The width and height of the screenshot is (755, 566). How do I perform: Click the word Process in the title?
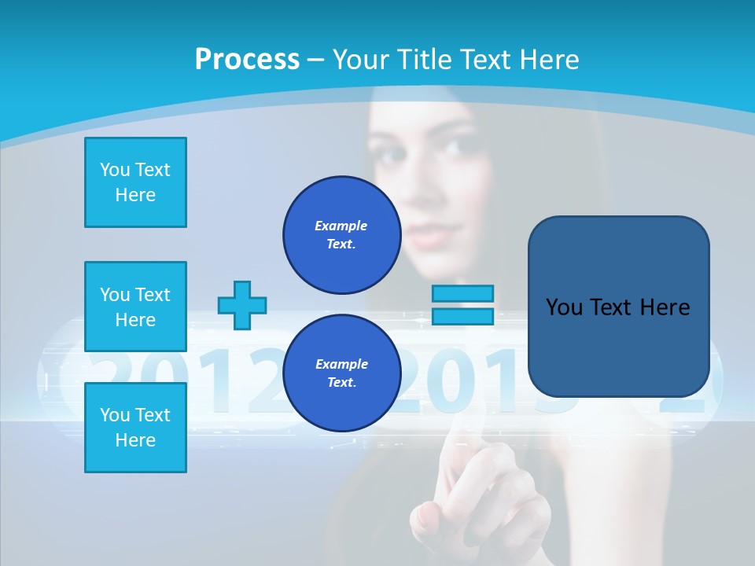(247, 59)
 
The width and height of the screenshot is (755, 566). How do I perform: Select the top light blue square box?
(135, 182)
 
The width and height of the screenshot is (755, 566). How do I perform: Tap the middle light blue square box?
(135, 307)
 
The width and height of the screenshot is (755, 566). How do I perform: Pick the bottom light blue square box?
(135, 428)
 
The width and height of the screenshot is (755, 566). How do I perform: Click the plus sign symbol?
(242, 305)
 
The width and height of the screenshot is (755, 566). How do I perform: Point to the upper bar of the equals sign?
(462, 293)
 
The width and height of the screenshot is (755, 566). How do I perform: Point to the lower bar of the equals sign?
(462, 316)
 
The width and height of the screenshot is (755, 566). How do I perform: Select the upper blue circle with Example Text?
(341, 234)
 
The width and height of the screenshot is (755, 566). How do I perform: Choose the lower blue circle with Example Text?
(341, 373)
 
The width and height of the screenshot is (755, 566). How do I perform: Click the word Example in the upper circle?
(341, 226)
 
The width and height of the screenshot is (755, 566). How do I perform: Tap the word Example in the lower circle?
(341, 364)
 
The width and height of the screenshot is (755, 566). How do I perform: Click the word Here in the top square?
(135, 195)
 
